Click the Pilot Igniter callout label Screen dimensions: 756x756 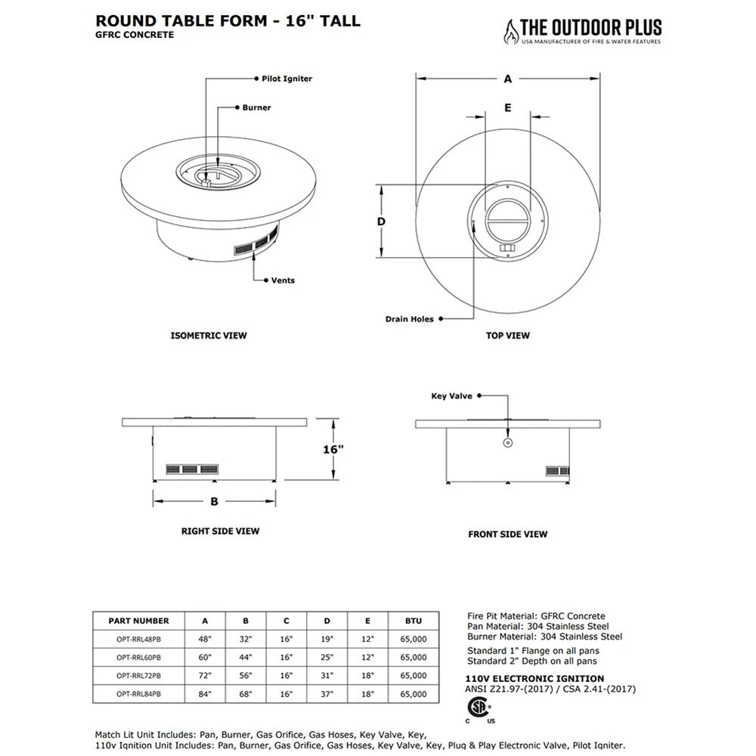[282, 79]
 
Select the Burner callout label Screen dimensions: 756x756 [256, 107]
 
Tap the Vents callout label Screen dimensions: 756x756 [283, 280]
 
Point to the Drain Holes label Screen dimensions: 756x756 [410, 319]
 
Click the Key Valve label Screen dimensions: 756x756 [451, 395]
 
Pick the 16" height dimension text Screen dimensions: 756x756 [333, 449]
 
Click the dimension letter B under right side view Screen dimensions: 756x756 [214, 500]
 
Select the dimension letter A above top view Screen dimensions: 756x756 [508, 79]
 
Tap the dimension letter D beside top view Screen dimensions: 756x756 [382, 222]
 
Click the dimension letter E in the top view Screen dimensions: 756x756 [508, 107]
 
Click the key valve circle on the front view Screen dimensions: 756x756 [508, 442]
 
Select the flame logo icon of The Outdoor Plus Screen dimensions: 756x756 [512, 32]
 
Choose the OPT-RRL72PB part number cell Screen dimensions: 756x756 [138, 675]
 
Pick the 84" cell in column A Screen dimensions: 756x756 [205, 693]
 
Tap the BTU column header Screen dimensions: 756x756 [414, 621]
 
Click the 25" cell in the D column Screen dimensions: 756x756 [327, 657]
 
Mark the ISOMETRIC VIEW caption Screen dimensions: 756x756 [209, 335]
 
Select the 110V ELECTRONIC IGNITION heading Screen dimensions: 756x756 [535, 678]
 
